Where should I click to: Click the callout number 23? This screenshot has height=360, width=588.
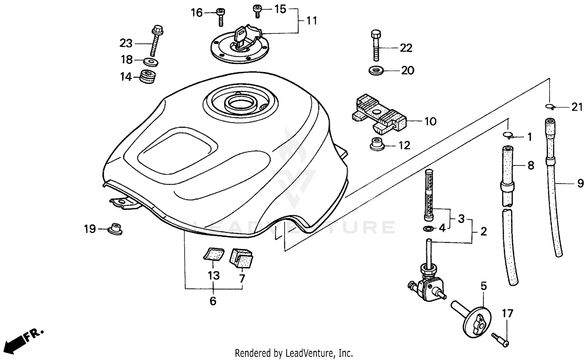[x=126, y=43]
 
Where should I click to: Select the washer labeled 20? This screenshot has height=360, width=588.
[x=376, y=71]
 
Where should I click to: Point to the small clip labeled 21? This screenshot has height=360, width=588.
[x=550, y=106]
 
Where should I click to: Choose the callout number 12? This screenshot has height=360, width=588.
[x=404, y=145]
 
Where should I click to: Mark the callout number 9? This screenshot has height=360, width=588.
[x=580, y=184]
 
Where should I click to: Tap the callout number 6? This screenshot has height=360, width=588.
[x=213, y=301]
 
